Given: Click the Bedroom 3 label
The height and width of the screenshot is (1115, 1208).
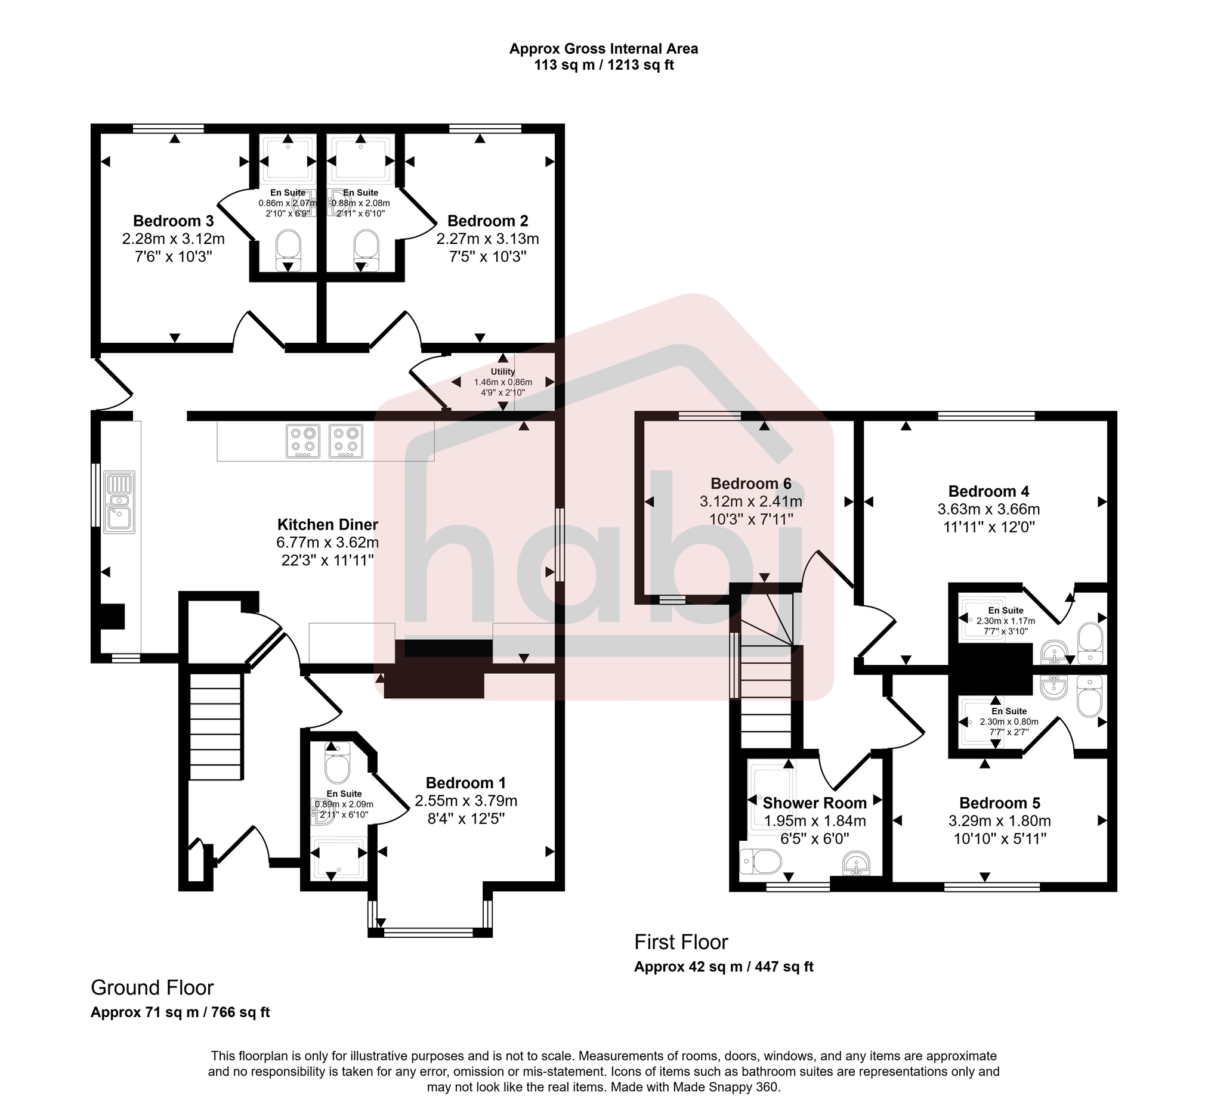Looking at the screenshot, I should pyautogui.click(x=173, y=220).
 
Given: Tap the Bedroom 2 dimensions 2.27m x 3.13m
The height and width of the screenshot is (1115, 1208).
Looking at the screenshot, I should pyautogui.click(x=488, y=239).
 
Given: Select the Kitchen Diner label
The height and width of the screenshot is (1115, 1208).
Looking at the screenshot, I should pyautogui.click(x=328, y=524).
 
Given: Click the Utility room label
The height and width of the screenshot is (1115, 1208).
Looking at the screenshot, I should pyautogui.click(x=502, y=371).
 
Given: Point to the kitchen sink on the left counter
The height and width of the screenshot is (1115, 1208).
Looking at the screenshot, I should pyautogui.click(x=119, y=503).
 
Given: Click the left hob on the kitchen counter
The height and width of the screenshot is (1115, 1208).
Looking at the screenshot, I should pyautogui.click(x=302, y=441).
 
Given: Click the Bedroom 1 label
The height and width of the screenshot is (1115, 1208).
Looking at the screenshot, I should pyautogui.click(x=465, y=783).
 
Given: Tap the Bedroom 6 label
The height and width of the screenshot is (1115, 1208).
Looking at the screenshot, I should pyautogui.click(x=750, y=484).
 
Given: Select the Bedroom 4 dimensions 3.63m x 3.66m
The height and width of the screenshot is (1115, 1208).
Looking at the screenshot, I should pyautogui.click(x=988, y=509).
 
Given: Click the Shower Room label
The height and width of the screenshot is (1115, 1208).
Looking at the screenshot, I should pyautogui.click(x=814, y=803).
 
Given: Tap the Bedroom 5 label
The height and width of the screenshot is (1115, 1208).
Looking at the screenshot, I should pyautogui.click(x=999, y=803).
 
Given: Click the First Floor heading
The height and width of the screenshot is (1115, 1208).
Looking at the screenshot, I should pyautogui.click(x=681, y=942).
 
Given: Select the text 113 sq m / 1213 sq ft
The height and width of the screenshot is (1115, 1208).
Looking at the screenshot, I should pyautogui.click(x=603, y=65).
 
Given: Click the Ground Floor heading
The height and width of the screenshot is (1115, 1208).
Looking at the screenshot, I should pyautogui.click(x=152, y=987).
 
